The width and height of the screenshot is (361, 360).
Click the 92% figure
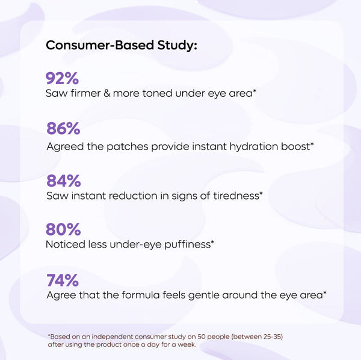(63, 78)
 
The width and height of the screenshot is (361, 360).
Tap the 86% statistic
(63, 129)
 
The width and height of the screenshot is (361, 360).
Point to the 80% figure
(63, 230)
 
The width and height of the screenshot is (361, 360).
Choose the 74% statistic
(62, 280)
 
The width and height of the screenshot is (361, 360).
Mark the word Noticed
(64, 245)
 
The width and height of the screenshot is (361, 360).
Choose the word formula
(144, 295)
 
